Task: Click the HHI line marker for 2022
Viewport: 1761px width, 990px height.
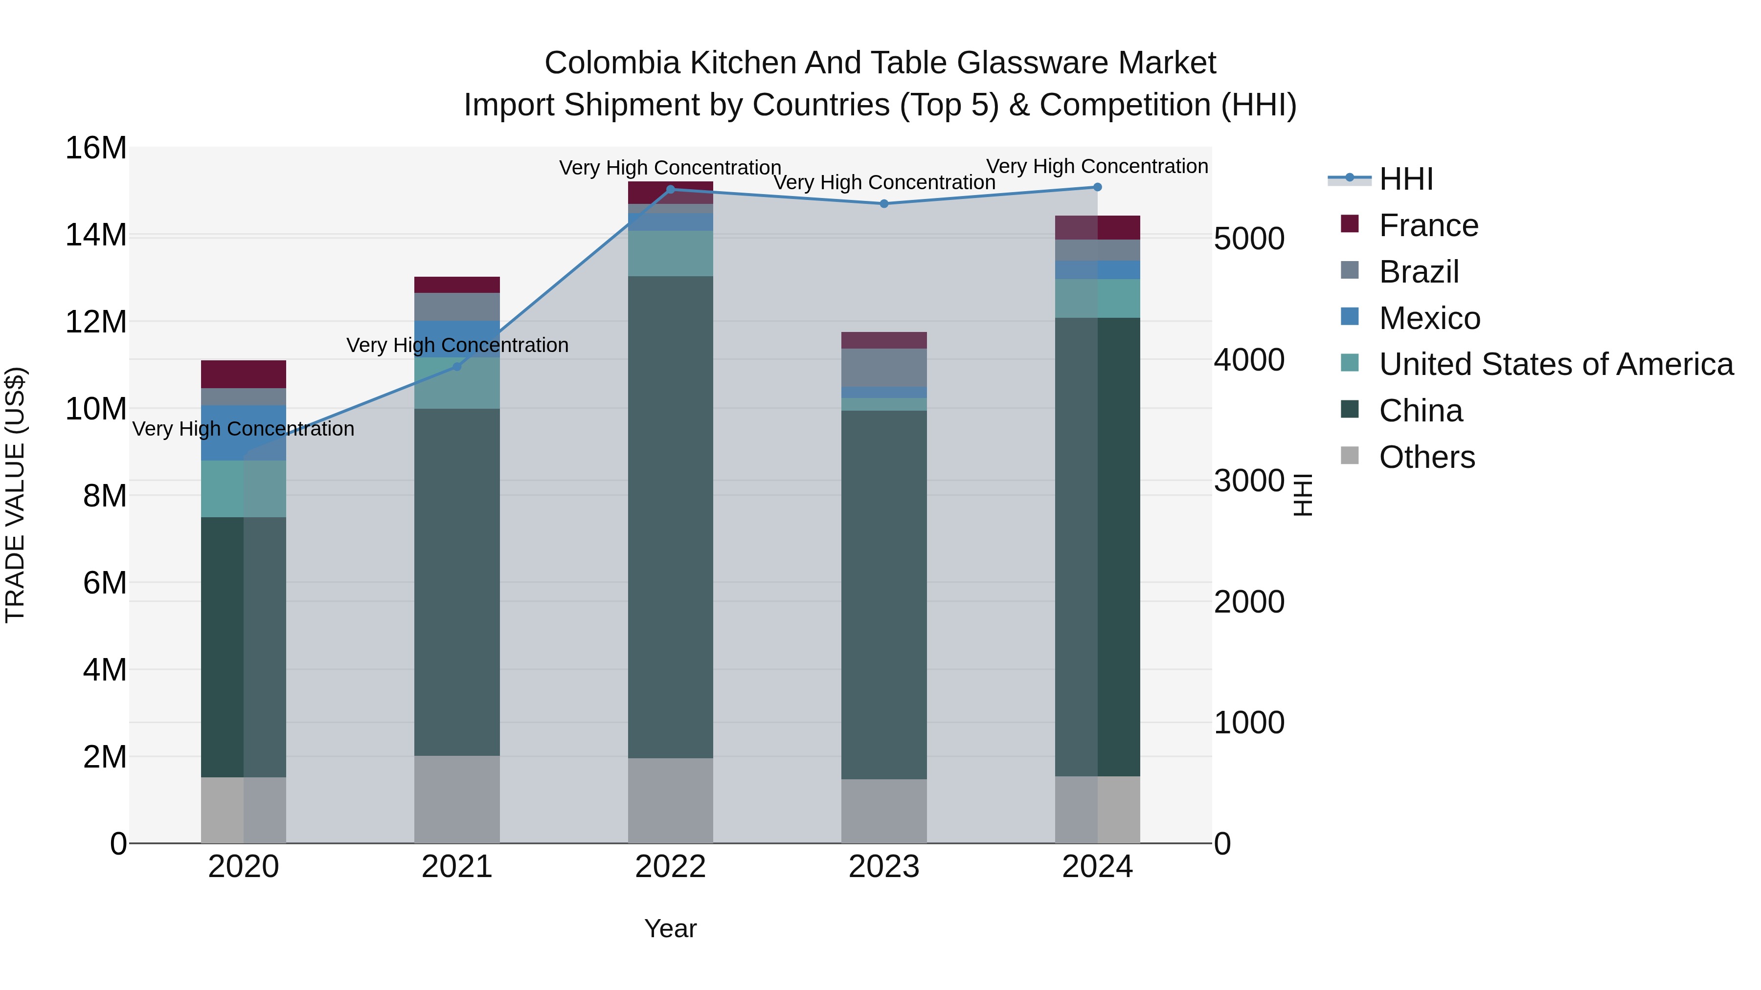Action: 670,190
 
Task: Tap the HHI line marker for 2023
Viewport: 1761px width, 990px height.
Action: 884,203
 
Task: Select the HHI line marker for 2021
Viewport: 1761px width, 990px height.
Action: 457,366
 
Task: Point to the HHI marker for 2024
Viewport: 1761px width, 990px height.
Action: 1097,187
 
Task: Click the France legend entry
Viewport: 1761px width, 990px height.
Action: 1428,225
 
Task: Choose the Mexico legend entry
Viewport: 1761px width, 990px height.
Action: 1429,318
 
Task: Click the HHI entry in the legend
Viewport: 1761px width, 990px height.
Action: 1405,179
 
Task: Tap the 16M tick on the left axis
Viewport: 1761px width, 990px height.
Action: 96,148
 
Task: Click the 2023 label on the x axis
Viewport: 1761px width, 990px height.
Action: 884,867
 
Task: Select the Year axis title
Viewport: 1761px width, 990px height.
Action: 670,928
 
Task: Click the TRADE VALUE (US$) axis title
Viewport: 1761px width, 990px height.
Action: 15,495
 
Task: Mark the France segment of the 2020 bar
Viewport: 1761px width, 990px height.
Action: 244,374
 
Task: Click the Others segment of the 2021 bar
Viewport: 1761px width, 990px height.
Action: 457,799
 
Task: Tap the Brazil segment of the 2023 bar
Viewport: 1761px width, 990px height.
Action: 884,368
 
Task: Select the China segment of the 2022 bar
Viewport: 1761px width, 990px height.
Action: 670,517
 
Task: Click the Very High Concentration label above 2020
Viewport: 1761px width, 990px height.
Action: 244,429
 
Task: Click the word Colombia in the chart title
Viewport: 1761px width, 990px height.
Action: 612,63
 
